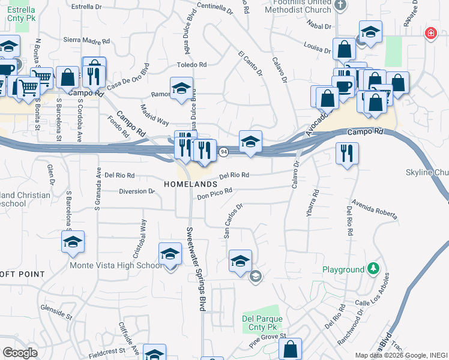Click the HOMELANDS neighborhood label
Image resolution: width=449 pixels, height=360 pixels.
pyautogui.click(x=190, y=184)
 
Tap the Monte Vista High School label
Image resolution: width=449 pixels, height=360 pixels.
pyautogui.click(x=115, y=265)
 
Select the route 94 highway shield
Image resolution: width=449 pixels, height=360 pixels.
pyautogui.click(x=222, y=151)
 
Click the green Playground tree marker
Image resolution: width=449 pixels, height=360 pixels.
pyautogui.click(x=373, y=268)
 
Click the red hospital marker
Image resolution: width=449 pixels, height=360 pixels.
pyautogui.click(x=430, y=34)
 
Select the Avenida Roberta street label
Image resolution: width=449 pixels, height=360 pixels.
pyautogui.click(x=375, y=209)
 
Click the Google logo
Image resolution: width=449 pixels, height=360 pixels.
pyautogui.click(x=20, y=352)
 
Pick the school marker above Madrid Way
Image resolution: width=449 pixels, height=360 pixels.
pyautogui.click(x=181, y=88)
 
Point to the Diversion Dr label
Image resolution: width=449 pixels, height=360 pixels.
pyautogui.click(x=137, y=191)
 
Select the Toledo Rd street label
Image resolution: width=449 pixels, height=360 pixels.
pyautogui.click(x=191, y=64)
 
